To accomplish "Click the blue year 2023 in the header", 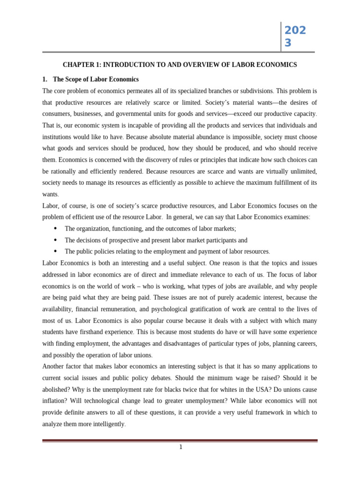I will pos(295,37).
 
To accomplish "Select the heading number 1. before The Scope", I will pos(45,79).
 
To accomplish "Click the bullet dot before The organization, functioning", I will pos(55,228).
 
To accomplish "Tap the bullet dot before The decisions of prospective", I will pos(55,240).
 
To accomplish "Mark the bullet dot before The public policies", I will pos(55,251).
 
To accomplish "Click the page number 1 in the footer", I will pos(180,447).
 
